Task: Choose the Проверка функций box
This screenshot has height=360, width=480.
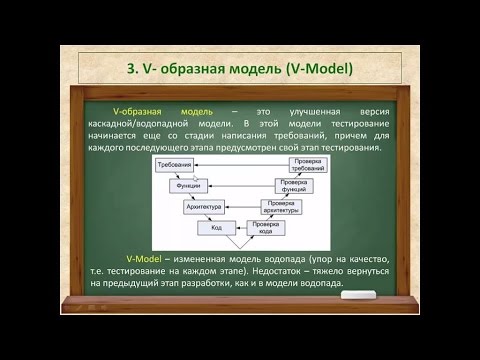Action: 297,187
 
